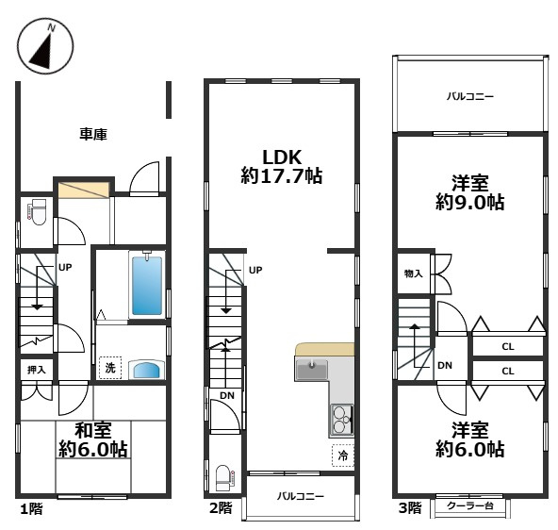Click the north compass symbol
[x=45, y=46]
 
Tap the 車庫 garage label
[x=93, y=134]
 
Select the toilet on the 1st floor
[x=37, y=212]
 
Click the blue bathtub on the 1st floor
[x=147, y=285]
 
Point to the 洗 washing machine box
[x=110, y=368]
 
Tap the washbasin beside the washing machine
[x=147, y=371]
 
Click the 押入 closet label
[x=37, y=370]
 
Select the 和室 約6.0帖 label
[x=93, y=440]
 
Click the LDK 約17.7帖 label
[x=282, y=166]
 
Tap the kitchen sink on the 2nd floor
[x=311, y=369]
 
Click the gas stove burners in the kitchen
[x=341, y=421]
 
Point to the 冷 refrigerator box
[x=343, y=455]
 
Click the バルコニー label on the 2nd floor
[x=301, y=496]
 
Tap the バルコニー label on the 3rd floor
[x=470, y=96]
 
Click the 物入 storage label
[x=414, y=273]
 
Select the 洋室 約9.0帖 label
[x=470, y=192]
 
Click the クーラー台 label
[x=470, y=505]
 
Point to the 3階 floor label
[x=410, y=507]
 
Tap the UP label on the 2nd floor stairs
[x=255, y=270]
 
